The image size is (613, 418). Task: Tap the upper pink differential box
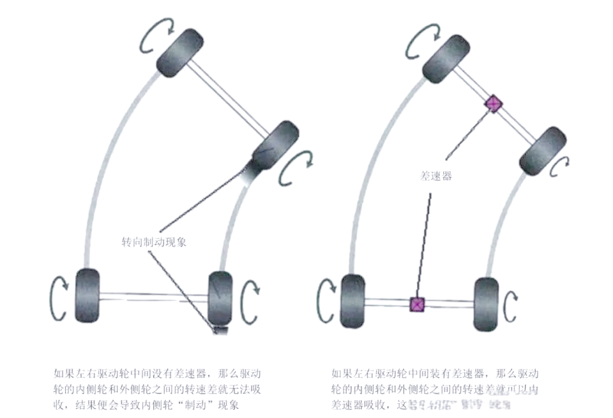click(494, 104)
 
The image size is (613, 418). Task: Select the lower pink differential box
click(417, 304)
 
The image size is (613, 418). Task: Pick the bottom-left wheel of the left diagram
click(87, 295)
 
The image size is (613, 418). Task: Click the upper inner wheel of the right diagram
click(543, 151)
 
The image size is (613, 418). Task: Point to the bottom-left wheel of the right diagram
click(352, 300)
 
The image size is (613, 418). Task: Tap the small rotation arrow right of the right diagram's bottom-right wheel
click(510, 307)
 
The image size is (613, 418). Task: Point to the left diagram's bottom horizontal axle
click(153, 296)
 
